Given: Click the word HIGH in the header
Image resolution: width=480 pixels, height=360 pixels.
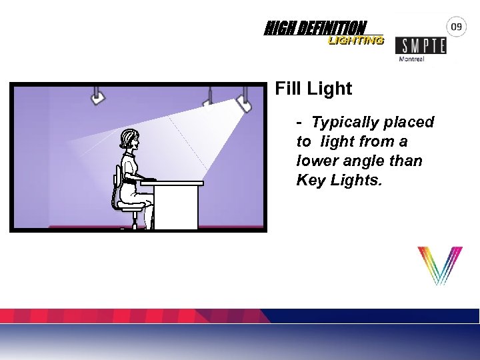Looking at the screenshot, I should coord(276,29).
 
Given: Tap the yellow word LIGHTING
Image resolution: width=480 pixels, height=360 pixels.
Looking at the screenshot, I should coord(355,40).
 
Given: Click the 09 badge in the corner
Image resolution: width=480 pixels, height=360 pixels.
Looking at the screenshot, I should coord(457,27).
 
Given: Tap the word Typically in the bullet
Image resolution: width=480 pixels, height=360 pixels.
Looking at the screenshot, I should coord(345,123).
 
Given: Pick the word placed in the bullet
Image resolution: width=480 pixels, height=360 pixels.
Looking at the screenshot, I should coord(409,123).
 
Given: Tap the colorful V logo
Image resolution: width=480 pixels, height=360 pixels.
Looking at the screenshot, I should coord(439,265).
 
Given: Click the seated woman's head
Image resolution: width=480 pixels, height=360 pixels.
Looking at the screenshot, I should coord(129,139).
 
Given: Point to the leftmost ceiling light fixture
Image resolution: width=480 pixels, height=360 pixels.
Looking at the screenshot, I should coord(98,97).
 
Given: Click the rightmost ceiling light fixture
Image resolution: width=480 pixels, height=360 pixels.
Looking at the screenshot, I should coord(244,102).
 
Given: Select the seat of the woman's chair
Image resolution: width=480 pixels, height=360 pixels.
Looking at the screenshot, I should coord(131,207).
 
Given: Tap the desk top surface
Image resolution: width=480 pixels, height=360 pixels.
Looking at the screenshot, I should coord(172,183).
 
